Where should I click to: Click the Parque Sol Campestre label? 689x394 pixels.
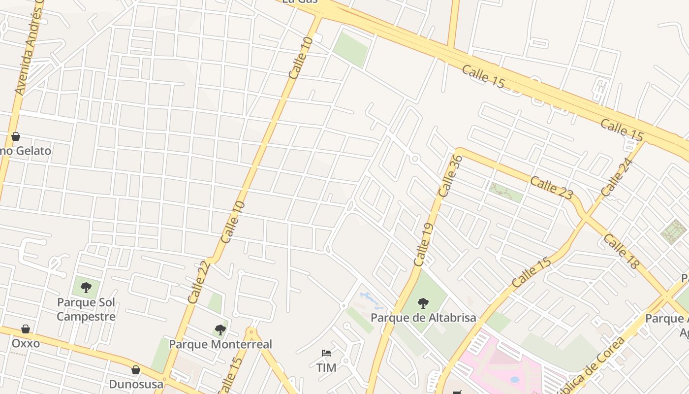click(86, 309)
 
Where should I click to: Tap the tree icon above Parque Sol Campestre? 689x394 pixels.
click(86, 287)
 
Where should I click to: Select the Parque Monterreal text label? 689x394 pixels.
click(220, 344)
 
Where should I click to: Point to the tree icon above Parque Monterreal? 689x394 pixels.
click(220, 329)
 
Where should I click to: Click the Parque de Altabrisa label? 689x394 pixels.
click(423, 318)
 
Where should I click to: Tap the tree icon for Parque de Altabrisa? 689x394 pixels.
click(423, 303)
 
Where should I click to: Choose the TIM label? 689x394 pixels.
click(326, 367)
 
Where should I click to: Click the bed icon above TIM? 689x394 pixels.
click(326, 353)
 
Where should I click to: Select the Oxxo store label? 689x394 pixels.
click(26, 343)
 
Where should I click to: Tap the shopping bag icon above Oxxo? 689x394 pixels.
click(26, 329)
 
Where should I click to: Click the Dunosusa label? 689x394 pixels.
click(136, 384)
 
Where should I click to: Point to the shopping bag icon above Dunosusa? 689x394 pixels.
click(136, 370)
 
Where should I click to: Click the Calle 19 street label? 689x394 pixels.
click(423, 245)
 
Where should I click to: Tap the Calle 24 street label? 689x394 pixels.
click(616, 177)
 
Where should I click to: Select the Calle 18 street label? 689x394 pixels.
click(621, 252)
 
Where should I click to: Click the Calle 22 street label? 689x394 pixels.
click(199, 282)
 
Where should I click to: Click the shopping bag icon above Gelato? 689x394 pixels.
click(16, 136)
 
